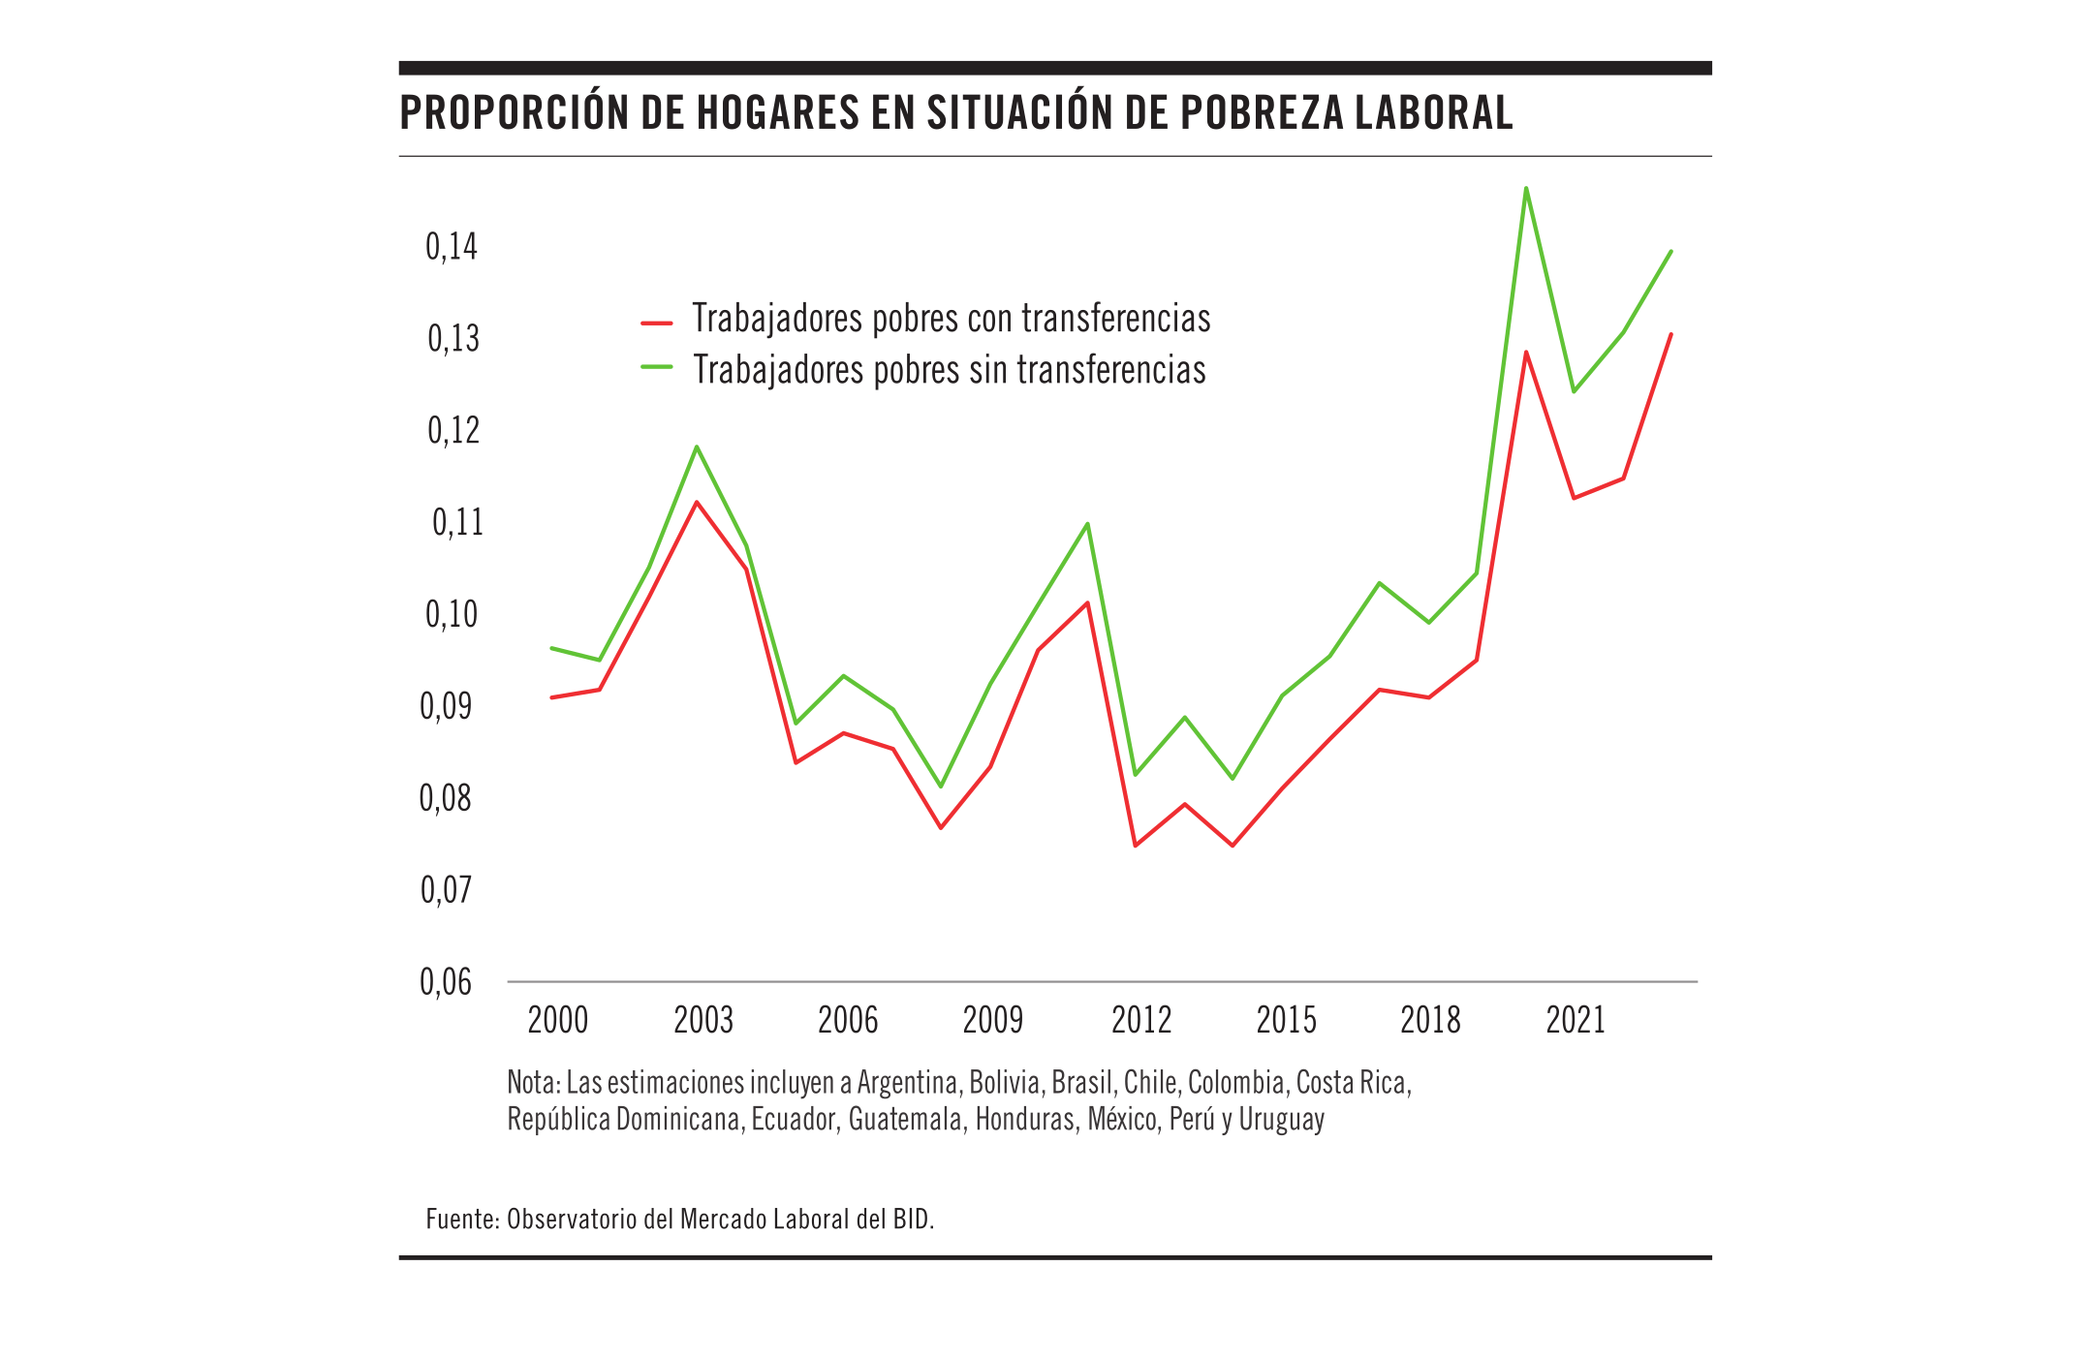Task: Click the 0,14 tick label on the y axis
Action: [452, 247]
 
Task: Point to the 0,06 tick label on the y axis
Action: [446, 982]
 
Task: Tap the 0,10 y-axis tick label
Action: [452, 614]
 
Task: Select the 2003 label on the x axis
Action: [703, 1020]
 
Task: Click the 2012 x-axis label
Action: [1141, 1020]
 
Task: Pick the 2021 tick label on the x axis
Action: [1576, 1020]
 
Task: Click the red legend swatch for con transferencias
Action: [657, 323]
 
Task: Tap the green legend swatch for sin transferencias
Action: [657, 368]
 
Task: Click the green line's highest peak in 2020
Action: [1526, 188]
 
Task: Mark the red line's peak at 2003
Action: [697, 502]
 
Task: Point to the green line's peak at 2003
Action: [697, 447]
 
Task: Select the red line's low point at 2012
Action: [1135, 846]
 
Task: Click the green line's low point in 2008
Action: [941, 786]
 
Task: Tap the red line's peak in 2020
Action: [1526, 352]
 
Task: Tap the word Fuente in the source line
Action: [461, 1219]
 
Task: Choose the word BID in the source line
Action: [911, 1219]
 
